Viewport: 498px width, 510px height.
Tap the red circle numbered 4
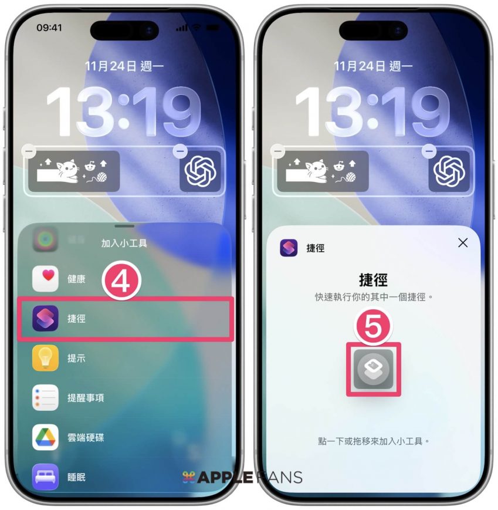click(x=121, y=281)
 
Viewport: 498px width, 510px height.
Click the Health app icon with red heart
click(x=46, y=278)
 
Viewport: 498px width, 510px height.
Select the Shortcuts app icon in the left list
click(x=46, y=318)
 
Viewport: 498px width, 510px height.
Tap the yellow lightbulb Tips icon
click(x=46, y=358)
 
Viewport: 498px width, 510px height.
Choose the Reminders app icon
click(x=46, y=397)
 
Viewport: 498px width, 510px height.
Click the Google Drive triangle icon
click(x=46, y=437)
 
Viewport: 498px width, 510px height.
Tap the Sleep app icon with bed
click(x=46, y=477)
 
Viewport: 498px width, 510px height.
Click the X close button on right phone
click(x=463, y=242)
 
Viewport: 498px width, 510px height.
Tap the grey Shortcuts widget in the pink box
click(x=373, y=369)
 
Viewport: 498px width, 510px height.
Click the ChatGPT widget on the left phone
click(x=200, y=171)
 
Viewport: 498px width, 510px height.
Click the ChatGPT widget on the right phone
click(x=449, y=171)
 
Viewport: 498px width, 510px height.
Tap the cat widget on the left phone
click(x=74, y=171)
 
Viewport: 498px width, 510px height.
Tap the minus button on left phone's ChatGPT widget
click(x=180, y=151)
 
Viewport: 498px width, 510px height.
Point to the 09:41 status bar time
click(x=49, y=28)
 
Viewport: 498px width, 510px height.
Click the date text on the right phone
click(x=373, y=66)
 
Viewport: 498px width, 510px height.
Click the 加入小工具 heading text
click(x=124, y=243)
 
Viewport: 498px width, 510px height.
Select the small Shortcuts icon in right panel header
click(x=289, y=248)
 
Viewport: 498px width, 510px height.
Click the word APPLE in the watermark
click(x=225, y=477)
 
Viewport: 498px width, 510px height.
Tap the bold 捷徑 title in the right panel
click(x=373, y=280)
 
